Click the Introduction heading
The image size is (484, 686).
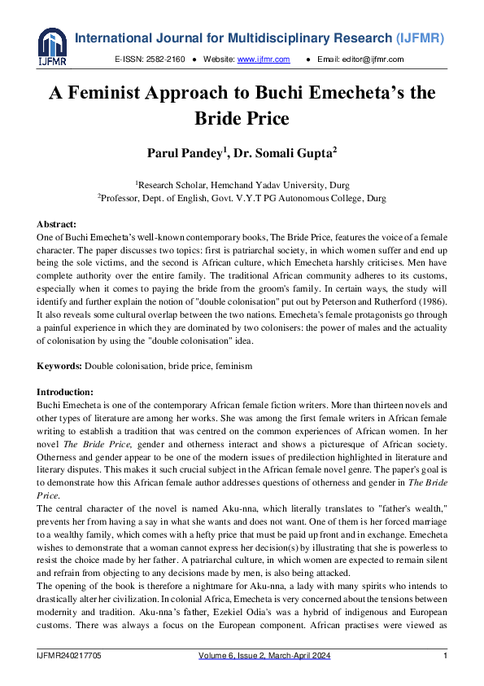pyautogui.click(x=65, y=393)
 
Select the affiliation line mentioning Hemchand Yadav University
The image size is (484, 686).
pyautogui.click(x=242, y=185)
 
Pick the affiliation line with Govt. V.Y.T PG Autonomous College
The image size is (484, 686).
pyautogui.click(x=242, y=197)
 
